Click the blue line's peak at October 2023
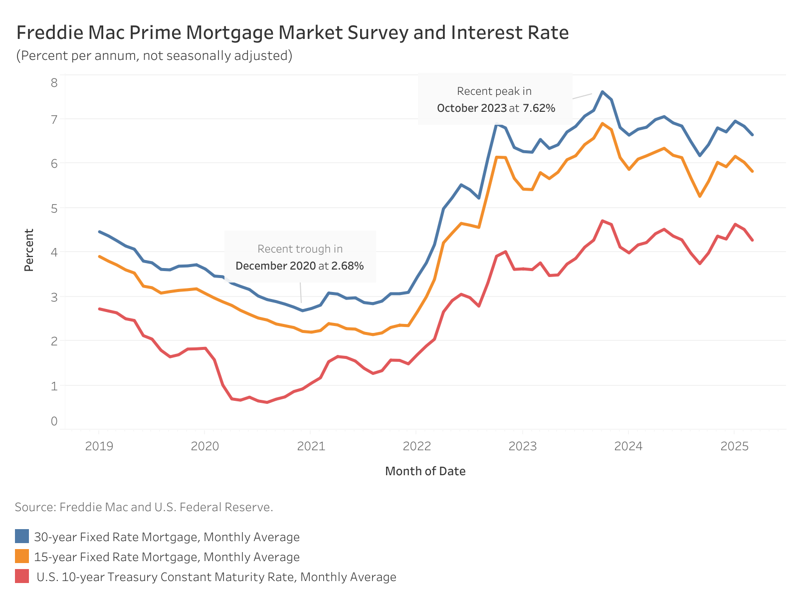602,92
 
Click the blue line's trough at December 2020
302,310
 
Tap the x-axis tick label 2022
416,446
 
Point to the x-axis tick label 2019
99,446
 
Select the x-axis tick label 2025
734,446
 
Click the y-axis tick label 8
54,82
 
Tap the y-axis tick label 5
54,208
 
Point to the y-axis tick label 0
54,421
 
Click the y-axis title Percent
29,250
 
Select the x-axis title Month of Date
425,471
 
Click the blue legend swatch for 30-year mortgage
22,537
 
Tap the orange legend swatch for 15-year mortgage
22,557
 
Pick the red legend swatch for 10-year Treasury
22,577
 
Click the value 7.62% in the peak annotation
539,108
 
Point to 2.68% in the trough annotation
348,266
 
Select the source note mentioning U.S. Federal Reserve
144,507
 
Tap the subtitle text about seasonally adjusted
154,55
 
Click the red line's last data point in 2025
752,240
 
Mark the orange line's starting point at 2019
99,257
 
